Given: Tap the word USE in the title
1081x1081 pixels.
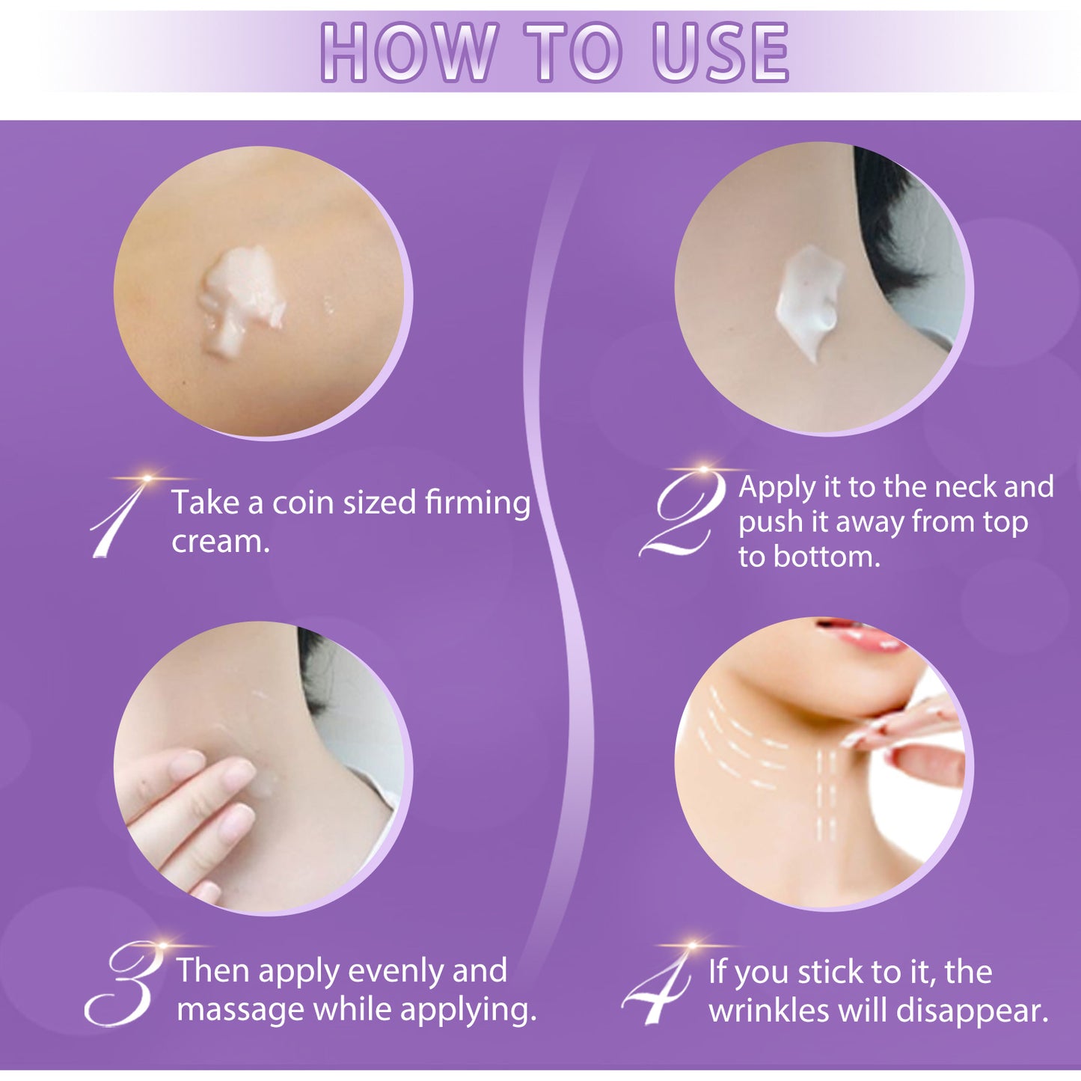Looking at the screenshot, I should pyautogui.click(x=720, y=52).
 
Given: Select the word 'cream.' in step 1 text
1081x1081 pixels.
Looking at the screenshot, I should pyautogui.click(x=221, y=542).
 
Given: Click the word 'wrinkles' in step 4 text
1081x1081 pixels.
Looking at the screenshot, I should pyautogui.click(x=770, y=1011).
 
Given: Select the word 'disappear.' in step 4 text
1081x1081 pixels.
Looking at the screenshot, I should pyautogui.click(x=973, y=1011).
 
